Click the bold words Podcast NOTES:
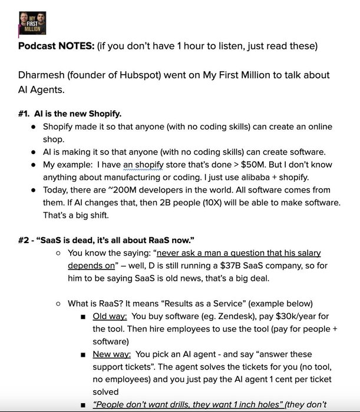(x=54, y=47)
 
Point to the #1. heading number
(x=27, y=113)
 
